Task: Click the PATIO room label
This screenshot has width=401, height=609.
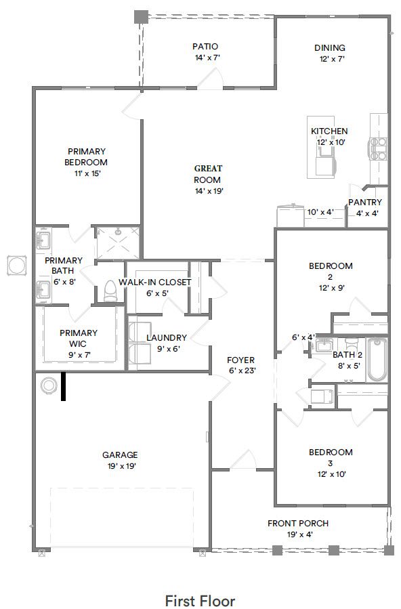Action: [205, 47]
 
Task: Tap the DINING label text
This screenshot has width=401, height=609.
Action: [330, 48]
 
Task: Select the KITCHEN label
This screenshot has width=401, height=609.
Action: [329, 131]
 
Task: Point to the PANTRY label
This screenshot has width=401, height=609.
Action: [365, 203]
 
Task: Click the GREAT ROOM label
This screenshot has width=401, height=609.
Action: [208, 174]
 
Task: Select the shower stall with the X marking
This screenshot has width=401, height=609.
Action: [118, 243]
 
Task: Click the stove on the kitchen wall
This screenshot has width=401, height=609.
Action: [378, 148]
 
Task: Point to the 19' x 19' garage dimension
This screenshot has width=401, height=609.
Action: [120, 466]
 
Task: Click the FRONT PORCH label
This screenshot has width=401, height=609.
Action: [298, 523]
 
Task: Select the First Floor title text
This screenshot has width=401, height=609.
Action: [200, 600]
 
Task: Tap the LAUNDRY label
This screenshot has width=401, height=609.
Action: [167, 337]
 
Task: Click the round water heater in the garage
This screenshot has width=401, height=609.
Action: [49, 385]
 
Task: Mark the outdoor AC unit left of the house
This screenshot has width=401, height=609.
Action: [15, 266]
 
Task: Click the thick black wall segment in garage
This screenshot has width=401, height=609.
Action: [64, 386]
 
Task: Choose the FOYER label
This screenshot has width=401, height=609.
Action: [240, 360]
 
